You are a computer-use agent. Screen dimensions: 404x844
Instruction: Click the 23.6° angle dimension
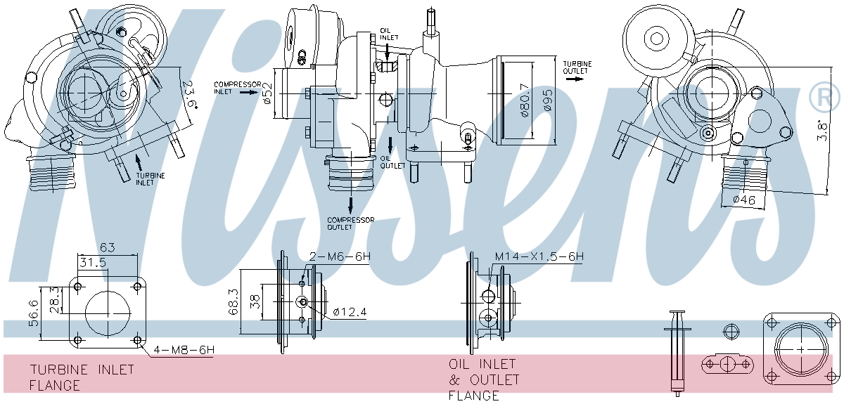[188, 95]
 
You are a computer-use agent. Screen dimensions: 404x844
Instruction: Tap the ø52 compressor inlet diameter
[268, 92]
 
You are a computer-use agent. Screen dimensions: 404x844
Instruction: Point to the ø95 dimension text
[548, 100]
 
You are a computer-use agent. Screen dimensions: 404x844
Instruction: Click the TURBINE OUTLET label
[577, 67]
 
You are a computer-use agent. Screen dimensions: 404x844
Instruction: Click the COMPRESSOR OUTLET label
[350, 223]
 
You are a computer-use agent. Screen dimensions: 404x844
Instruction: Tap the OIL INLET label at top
[389, 34]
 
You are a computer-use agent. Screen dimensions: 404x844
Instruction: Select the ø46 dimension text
[743, 200]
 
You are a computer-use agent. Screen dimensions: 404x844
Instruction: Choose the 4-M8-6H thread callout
[184, 349]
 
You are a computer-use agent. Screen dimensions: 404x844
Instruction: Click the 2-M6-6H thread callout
[340, 257]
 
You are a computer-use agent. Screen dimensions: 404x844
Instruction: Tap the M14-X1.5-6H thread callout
[539, 257]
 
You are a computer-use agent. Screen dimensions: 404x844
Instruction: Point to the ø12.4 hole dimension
[350, 311]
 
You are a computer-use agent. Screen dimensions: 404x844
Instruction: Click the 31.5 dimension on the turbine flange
[91, 262]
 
